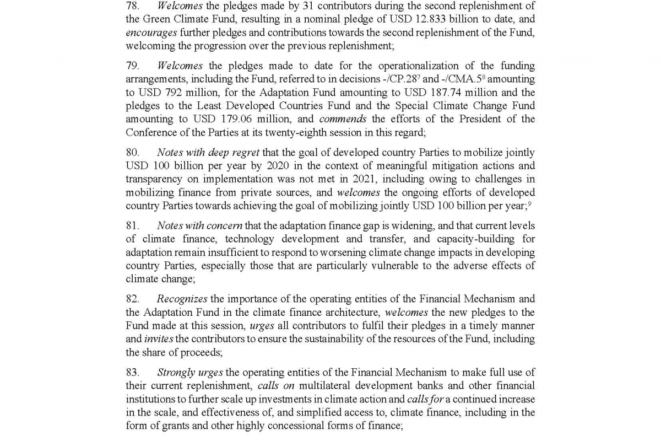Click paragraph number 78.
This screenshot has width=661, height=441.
pos(133,7)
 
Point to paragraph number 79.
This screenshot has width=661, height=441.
pos(133,66)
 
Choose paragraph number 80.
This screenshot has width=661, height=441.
pos(133,153)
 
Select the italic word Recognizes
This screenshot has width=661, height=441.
pos(182,299)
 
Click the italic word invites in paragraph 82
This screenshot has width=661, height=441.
pos(159,339)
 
